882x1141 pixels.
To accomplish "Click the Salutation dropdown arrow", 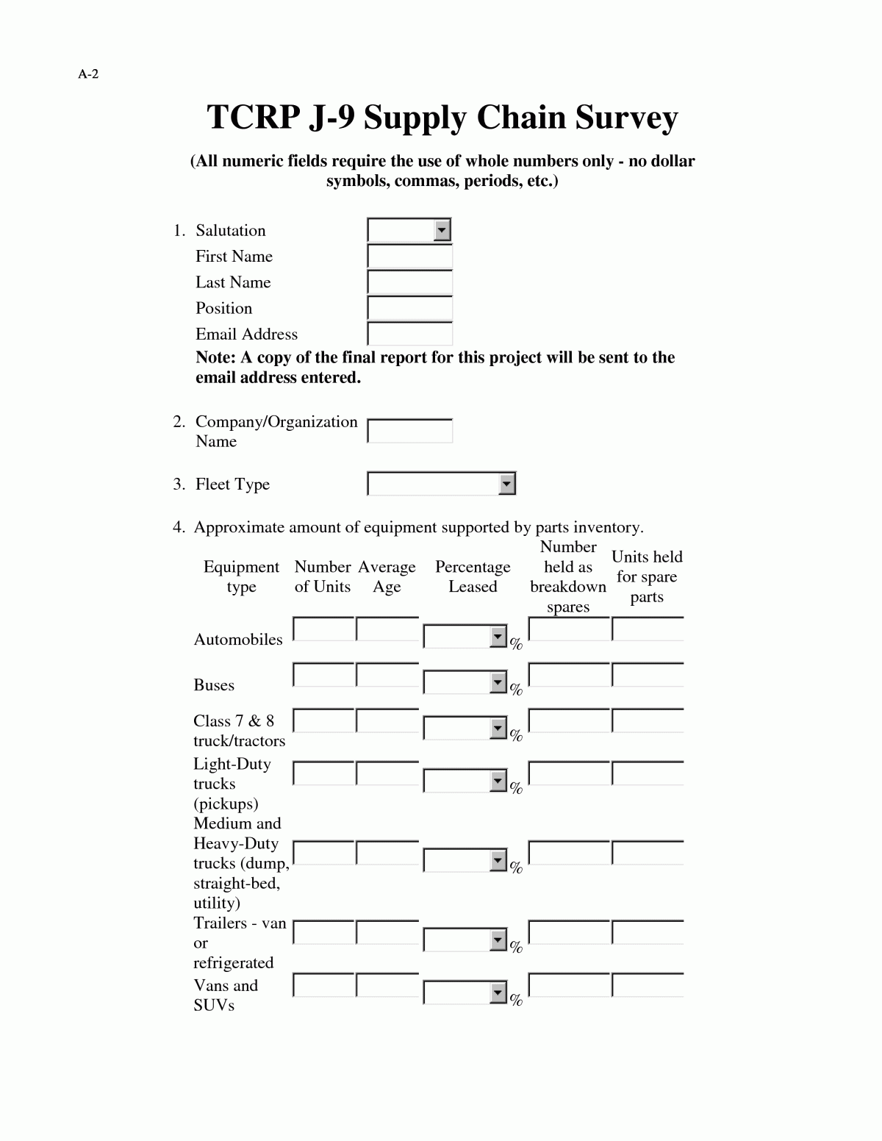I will (441, 230).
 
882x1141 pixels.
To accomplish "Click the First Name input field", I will (409, 257).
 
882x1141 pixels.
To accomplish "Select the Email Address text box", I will (409, 334).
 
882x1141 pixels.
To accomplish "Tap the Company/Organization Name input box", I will (409, 432).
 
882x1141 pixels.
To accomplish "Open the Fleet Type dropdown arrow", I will (506, 484).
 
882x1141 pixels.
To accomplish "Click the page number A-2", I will (88, 74).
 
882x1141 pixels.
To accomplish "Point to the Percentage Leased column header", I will (473, 576).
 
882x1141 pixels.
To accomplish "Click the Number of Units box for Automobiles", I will (323, 630).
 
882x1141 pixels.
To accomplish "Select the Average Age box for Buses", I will (387, 676).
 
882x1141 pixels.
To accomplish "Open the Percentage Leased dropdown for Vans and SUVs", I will (498, 994).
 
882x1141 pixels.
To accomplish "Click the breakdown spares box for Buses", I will (569, 676).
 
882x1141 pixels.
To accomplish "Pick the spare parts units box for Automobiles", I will (648, 630).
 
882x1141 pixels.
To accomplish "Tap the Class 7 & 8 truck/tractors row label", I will (239, 731).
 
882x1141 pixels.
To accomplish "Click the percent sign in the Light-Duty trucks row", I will (516, 789).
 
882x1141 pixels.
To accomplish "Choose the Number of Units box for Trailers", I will (323, 933).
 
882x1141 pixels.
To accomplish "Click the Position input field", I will (409, 308).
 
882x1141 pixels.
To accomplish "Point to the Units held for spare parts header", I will (647, 576).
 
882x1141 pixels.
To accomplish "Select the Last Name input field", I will (409, 282).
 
